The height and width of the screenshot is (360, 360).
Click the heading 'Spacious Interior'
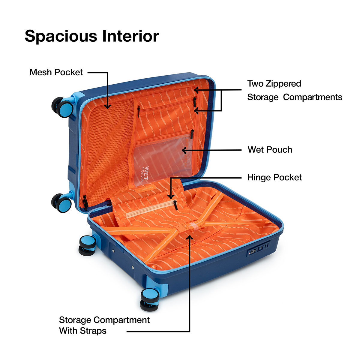tap(92, 36)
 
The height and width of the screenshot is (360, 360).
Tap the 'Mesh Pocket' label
tap(56, 72)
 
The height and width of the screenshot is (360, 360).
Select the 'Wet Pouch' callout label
tap(270, 150)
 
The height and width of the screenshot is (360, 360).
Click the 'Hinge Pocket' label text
tap(274, 177)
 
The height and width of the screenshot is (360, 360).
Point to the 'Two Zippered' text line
tap(274, 83)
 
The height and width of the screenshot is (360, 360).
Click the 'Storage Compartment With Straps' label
tap(104, 325)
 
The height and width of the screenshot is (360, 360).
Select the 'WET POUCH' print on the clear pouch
tap(145, 174)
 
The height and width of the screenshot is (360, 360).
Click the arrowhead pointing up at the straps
tap(190, 237)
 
